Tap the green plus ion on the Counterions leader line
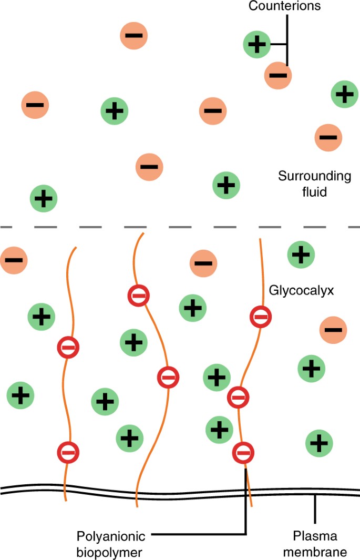click(257, 44)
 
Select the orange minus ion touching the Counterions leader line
click(278, 75)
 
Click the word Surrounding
click(314, 176)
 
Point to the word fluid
click(314, 192)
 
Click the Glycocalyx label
click(295, 290)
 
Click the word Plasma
click(314, 537)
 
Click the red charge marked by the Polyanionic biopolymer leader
click(243, 452)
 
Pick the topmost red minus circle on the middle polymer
click(138, 296)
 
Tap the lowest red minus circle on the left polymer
click(68, 451)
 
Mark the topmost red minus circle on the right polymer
click(260, 317)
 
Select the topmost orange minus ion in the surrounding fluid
click(134, 36)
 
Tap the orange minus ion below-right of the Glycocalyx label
click(333, 330)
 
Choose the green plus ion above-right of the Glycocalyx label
click(301, 255)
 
